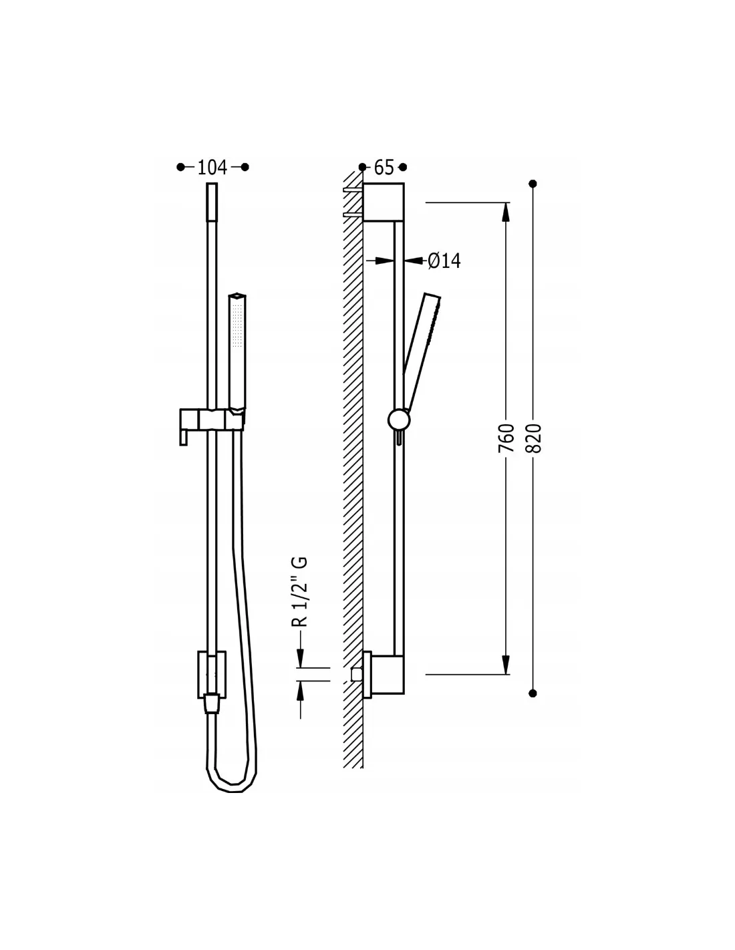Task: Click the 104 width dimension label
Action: (x=212, y=167)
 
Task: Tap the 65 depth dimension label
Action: (x=384, y=167)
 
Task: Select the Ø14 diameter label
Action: (x=444, y=261)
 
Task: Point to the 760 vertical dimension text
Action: (x=506, y=438)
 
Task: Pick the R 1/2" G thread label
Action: (x=299, y=592)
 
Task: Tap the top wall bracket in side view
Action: (x=384, y=202)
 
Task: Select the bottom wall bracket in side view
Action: (x=384, y=675)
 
